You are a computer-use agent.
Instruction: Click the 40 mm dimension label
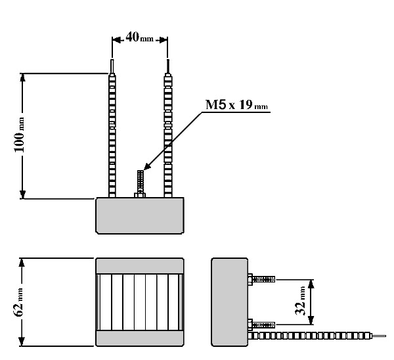pos(139,37)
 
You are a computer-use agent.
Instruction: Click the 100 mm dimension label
pos(19,135)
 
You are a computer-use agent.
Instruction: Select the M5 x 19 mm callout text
pos(236,104)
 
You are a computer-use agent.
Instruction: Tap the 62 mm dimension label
pos(18,302)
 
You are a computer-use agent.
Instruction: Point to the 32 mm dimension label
pos(300,301)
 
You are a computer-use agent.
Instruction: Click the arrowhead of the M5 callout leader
pos(146,166)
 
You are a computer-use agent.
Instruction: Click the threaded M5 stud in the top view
pos(141,184)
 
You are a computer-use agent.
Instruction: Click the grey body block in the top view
pos(140,215)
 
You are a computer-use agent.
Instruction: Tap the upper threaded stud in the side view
pos(261,279)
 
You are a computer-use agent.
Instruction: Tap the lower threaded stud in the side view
pos(261,325)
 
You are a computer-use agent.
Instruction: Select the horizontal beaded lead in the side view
pos(309,336)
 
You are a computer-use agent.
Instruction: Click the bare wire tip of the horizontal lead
pos(379,336)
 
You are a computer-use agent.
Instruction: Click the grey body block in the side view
pos(229,302)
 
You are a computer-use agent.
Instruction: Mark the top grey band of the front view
pos(140,265)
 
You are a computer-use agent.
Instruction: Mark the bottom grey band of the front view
pos(140,338)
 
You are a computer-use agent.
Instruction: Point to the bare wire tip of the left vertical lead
pos(112,66)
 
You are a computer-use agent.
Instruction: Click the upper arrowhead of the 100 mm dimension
pos(22,77)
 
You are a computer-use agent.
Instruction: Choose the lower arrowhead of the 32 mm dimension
pos(311,321)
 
